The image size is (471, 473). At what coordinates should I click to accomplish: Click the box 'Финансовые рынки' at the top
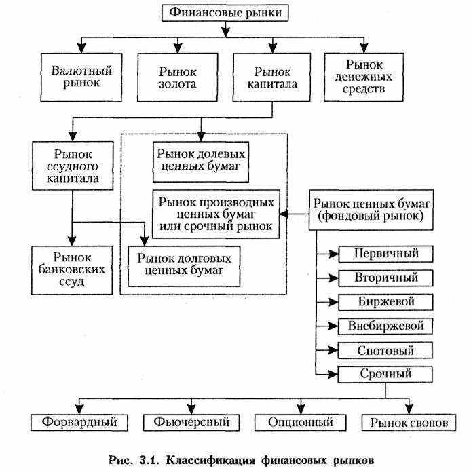(x=225, y=13)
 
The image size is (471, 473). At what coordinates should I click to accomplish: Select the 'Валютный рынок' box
(x=81, y=77)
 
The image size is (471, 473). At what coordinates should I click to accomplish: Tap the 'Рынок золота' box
(x=178, y=77)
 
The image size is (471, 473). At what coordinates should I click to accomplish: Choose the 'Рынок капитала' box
(x=272, y=77)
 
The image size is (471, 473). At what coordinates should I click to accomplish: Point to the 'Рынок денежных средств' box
(x=364, y=77)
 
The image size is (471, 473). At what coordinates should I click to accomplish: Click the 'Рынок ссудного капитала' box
(x=73, y=166)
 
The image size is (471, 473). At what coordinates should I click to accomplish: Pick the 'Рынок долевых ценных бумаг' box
(x=201, y=162)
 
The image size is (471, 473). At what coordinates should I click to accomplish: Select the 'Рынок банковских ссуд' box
(x=72, y=270)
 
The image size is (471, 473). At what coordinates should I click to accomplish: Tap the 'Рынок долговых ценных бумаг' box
(x=184, y=267)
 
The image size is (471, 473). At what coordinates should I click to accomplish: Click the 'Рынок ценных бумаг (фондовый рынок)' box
(x=371, y=210)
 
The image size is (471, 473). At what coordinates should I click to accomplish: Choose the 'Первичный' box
(x=386, y=254)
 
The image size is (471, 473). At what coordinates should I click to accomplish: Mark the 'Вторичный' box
(x=386, y=278)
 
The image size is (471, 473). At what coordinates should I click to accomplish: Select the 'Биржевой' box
(x=386, y=302)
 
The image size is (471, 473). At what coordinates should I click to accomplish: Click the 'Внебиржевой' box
(x=385, y=326)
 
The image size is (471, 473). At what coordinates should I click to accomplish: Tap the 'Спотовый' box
(x=385, y=351)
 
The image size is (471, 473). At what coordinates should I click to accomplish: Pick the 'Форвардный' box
(x=79, y=422)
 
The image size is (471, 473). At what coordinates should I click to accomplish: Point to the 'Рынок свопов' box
(x=409, y=422)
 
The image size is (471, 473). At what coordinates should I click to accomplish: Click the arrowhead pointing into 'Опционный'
(x=301, y=409)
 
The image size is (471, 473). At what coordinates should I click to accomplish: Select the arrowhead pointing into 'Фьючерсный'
(x=191, y=409)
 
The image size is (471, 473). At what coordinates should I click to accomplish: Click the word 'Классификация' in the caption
(x=211, y=461)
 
